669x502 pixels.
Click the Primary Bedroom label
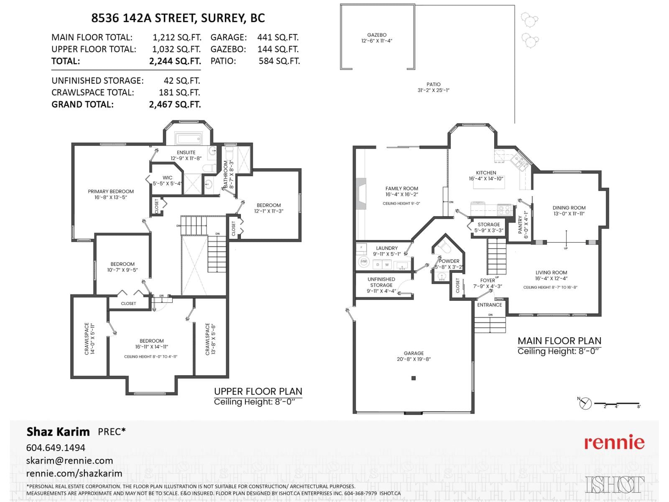pyautogui.click(x=111, y=192)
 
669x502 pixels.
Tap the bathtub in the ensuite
pyautogui.click(x=188, y=138)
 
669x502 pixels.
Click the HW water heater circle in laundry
pyautogui.click(x=364, y=262)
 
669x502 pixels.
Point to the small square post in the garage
pyautogui.click(x=414, y=378)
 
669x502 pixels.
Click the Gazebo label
pyautogui.click(x=377, y=35)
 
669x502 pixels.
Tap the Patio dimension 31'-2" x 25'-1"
pyautogui.click(x=433, y=90)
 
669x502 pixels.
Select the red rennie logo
pyautogui.click(x=614, y=443)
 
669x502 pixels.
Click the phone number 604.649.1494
pyautogui.click(x=56, y=448)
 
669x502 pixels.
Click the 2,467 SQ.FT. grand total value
pyautogui.click(x=175, y=105)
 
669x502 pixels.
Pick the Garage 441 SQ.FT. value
pyautogui.click(x=278, y=38)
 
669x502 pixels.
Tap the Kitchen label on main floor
pyautogui.click(x=486, y=173)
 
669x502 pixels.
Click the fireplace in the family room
pyautogui.click(x=360, y=194)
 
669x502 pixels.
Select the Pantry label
pyautogui.click(x=520, y=225)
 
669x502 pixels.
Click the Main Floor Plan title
pyautogui.click(x=559, y=341)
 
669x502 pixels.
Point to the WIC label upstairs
pyautogui.click(x=167, y=178)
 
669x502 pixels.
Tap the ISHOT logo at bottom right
pyautogui.click(x=615, y=485)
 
